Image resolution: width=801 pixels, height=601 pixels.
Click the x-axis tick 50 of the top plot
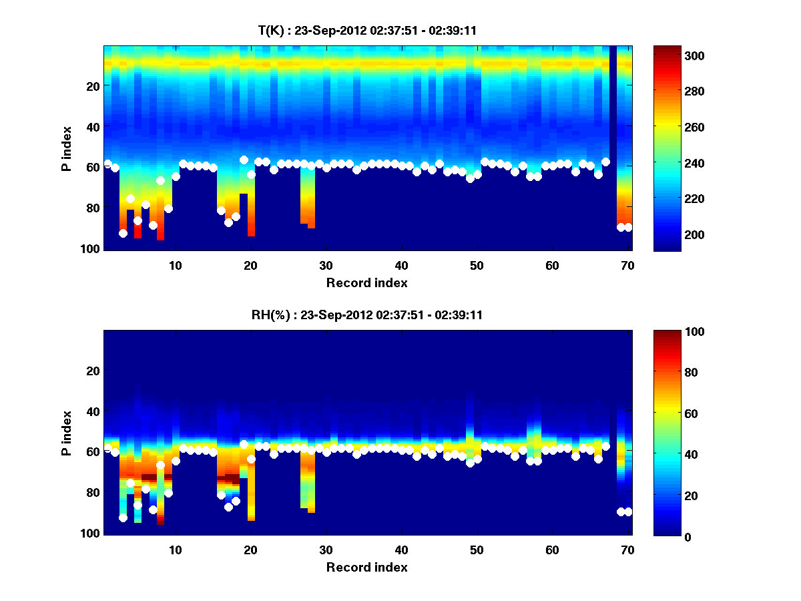click(477, 266)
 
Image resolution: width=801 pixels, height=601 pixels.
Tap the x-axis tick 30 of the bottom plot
click(326, 550)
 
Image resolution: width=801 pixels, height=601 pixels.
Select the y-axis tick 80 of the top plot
click(92, 208)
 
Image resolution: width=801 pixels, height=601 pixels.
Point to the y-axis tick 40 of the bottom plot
click(92, 411)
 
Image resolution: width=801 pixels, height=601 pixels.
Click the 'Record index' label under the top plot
click(366, 282)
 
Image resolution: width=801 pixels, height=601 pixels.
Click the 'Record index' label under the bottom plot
click(366, 567)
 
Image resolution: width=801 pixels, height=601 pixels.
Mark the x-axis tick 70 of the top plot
click(627, 266)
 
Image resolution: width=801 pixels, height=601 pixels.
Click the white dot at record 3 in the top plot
click(123, 233)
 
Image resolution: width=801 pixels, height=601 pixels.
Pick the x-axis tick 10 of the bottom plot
click(175, 550)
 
